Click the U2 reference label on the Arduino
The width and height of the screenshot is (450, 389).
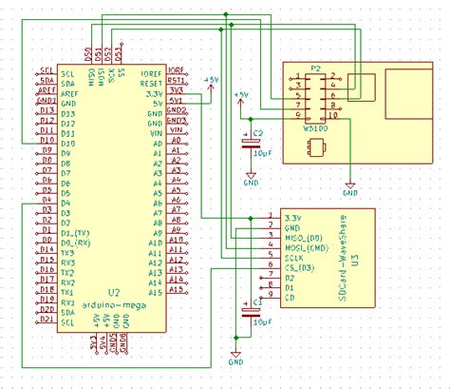pyautogui.click(x=113, y=292)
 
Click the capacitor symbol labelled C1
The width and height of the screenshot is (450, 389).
pyautogui.click(x=251, y=310)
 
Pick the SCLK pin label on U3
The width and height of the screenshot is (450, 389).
pyautogui.click(x=294, y=257)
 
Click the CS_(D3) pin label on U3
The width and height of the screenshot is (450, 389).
pyautogui.click(x=299, y=266)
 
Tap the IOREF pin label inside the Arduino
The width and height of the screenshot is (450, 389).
pyautogui.click(x=151, y=71)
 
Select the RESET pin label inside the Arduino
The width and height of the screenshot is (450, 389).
pyautogui.click(x=151, y=82)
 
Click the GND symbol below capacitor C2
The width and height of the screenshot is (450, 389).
pyautogui.click(x=251, y=175)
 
